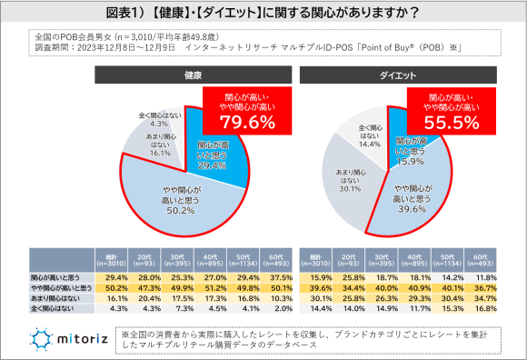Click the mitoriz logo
[68, 337]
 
